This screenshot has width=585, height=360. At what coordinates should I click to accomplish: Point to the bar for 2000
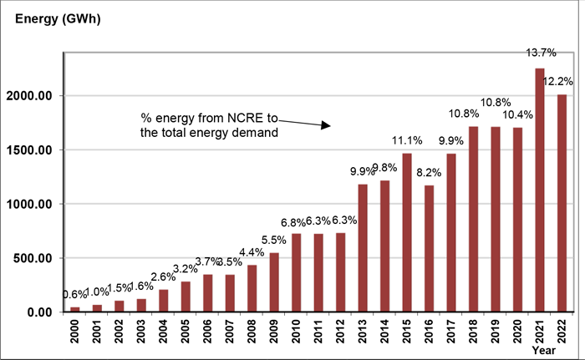(75, 309)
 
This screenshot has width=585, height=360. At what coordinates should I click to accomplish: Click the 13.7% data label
(539, 53)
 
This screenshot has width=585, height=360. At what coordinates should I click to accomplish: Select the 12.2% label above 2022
(558, 81)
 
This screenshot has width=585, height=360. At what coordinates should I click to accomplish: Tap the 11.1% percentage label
(407, 139)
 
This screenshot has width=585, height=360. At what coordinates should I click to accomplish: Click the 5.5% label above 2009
(274, 239)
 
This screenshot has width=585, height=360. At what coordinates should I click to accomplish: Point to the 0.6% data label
(74, 295)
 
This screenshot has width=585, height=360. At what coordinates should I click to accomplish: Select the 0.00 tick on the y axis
(44, 312)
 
